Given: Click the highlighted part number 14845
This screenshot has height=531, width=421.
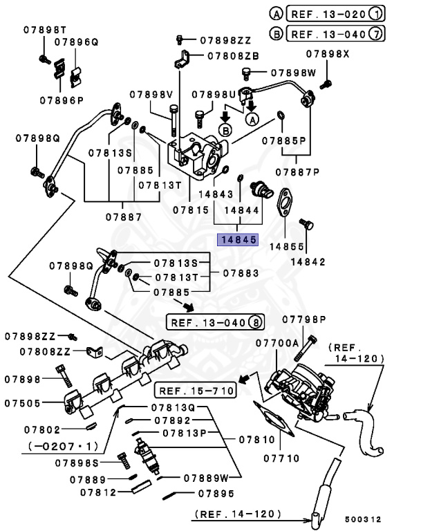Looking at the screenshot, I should tap(238, 241).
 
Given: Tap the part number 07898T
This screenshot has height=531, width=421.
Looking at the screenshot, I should tap(44, 29).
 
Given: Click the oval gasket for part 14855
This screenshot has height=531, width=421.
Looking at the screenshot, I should tap(285, 206).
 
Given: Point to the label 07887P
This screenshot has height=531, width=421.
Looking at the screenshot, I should tap(298, 171).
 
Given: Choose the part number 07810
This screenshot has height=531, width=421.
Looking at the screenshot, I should tap(259, 438).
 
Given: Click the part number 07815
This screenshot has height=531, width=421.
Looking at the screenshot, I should tap(190, 208).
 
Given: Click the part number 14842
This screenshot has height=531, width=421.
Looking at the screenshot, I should tap(308, 261).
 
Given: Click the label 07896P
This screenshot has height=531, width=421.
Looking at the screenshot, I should tap(61, 100).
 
